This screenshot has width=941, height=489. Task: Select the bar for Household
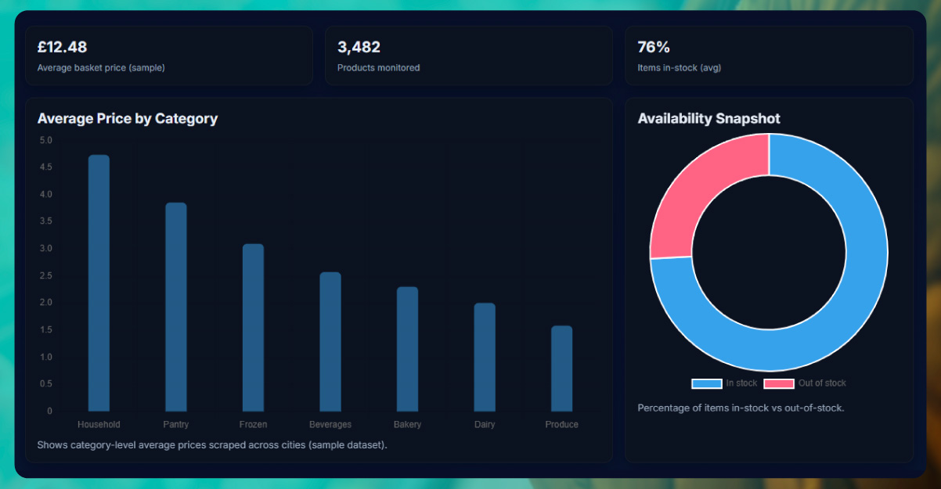point(99,282)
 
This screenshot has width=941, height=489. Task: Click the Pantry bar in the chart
point(176,307)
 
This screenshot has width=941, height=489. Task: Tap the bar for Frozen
point(253,327)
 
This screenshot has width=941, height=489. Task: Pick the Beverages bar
point(330,341)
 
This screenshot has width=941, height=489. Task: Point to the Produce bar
point(561,368)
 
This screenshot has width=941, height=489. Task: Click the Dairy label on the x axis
point(485,425)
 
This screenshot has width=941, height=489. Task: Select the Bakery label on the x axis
point(407,425)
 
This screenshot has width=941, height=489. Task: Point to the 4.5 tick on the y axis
point(45,167)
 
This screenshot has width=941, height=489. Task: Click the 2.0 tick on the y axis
point(45,303)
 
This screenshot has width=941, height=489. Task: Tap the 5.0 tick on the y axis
point(45,141)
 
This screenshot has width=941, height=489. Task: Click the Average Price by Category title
point(128,119)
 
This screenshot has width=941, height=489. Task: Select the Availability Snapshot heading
point(708,119)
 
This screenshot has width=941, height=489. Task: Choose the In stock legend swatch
point(706,383)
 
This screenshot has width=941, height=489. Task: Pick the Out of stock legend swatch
point(779,383)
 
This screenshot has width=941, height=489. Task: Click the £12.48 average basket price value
point(62,47)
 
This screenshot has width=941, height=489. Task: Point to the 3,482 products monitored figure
point(359,47)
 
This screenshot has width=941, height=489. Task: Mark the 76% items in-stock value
point(654,47)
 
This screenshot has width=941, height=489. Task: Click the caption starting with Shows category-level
point(212,445)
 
